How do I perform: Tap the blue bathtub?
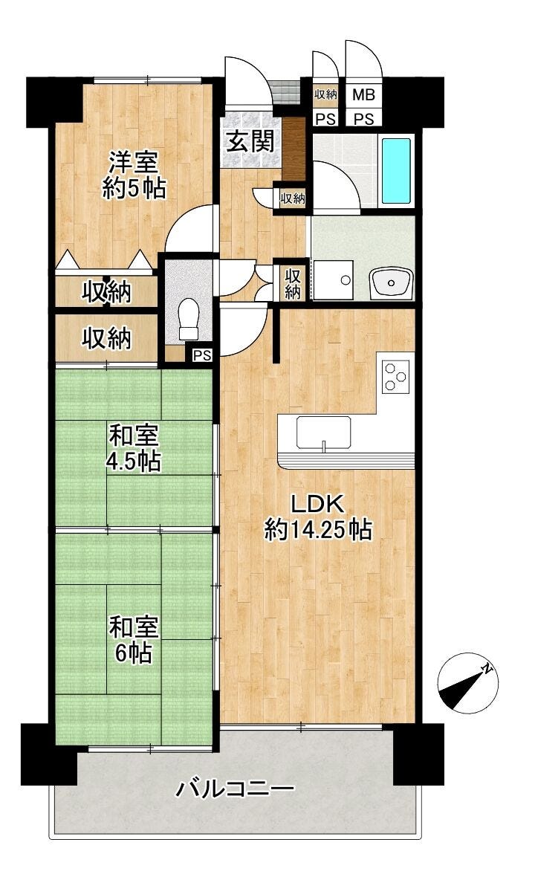click(396, 171)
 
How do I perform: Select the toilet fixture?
click(189, 320)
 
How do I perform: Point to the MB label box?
click(363, 94)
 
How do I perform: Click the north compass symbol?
click(468, 684)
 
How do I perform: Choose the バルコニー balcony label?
click(236, 789)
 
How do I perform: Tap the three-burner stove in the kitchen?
click(396, 375)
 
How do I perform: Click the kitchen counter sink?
click(324, 432)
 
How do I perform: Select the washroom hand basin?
click(392, 283)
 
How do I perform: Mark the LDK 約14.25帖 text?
click(318, 517)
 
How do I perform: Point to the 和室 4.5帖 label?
click(134, 449)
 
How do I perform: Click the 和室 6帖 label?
click(134, 639)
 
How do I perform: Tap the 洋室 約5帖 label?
click(134, 175)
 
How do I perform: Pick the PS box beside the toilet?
click(202, 355)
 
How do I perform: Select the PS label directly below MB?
click(363, 119)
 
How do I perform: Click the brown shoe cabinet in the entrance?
click(294, 149)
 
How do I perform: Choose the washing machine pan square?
click(333, 279)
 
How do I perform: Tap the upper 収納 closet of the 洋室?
click(107, 291)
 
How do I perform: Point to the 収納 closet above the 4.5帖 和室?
click(107, 338)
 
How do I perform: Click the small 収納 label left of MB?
click(325, 94)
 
